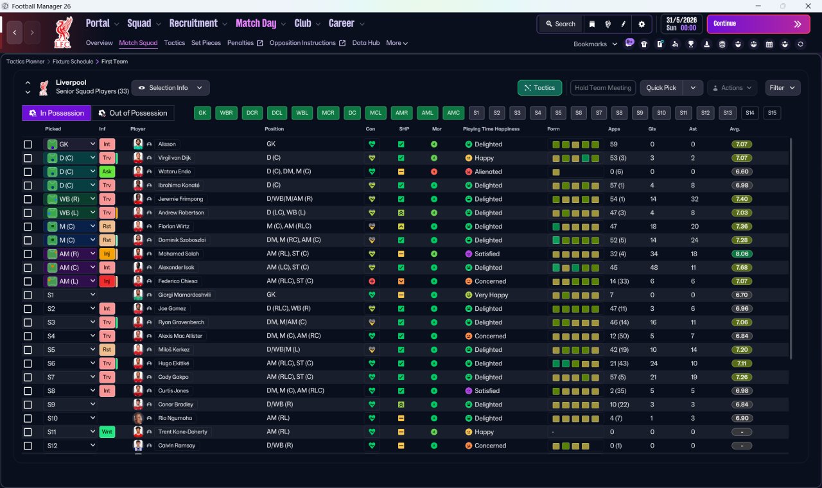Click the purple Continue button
pyautogui.click(x=758, y=24)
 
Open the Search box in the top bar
pyautogui.click(x=561, y=24)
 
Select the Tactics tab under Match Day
pyautogui.click(x=174, y=43)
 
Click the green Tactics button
pyautogui.click(x=539, y=88)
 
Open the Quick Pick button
pyautogui.click(x=661, y=88)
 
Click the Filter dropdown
pyautogui.click(x=782, y=88)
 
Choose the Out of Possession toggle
pyautogui.click(x=132, y=113)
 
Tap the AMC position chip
pyautogui.click(x=453, y=113)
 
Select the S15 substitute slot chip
pyautogui.click(x=772, y=113)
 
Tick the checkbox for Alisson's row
pyautogui.click(x=28, y=144)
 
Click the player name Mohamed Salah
pyautogui.click(x=179, y=254)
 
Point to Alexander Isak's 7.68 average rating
pyautogui.click(x=741, y=268)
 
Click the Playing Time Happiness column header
pyautogui.click(x=491, y=129)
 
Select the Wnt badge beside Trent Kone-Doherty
pyautogui.click(x=107, y=432)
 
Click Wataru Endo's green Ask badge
pyautogui.click(x=107, y=171)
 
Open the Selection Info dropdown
pyautogui.click(x=171, y=88)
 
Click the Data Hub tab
pyautogui.click(x=366, y=43)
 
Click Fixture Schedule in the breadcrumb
pyautogui.click(x=73, y=62)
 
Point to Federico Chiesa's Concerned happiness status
pyautogui.click(x=486, y=281)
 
